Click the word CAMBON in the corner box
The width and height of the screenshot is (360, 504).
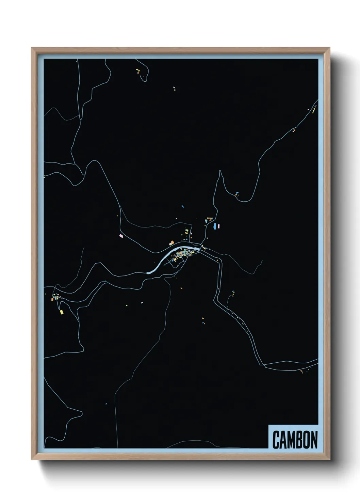click(295, 440)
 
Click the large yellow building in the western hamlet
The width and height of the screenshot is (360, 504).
click(62, 312)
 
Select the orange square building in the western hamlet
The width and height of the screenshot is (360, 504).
click(52, 299)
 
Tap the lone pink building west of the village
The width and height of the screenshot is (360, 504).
click(120, 235)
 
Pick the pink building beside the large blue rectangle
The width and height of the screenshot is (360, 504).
click(219, 226)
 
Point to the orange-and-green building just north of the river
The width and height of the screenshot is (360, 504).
click(172, 243)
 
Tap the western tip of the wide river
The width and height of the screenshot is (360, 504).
click(147, 272)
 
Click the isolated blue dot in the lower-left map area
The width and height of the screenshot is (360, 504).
click(106, 404)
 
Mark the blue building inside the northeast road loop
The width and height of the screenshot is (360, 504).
click(237, 193)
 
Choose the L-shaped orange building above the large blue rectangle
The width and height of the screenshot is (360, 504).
click(209, 218)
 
